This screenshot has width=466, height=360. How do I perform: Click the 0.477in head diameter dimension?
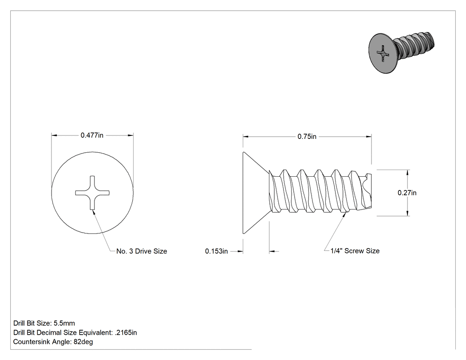pos(92,135)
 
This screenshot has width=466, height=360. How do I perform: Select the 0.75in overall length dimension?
pos(307,136)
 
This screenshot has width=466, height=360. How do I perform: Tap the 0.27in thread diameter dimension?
pos(407,193)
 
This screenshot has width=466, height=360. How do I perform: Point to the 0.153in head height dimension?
pos(217,251)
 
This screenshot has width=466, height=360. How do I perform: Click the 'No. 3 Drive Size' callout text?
pos(142,251)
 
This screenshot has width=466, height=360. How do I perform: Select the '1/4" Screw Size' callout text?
pos(355,251)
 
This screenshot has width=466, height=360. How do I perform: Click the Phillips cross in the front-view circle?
pos(92,193)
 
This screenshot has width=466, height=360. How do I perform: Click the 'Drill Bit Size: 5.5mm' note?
pos(44,323)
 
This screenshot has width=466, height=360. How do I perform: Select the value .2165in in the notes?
pos(126,332)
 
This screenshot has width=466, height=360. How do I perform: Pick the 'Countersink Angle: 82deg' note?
pos(53,342)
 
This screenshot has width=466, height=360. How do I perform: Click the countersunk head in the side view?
pos(256,193)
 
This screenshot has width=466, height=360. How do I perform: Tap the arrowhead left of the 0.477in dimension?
pos(54,135)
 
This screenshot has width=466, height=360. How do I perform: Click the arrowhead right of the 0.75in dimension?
pos(368,137)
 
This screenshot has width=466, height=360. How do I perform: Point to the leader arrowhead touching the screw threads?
pos(344,215)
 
